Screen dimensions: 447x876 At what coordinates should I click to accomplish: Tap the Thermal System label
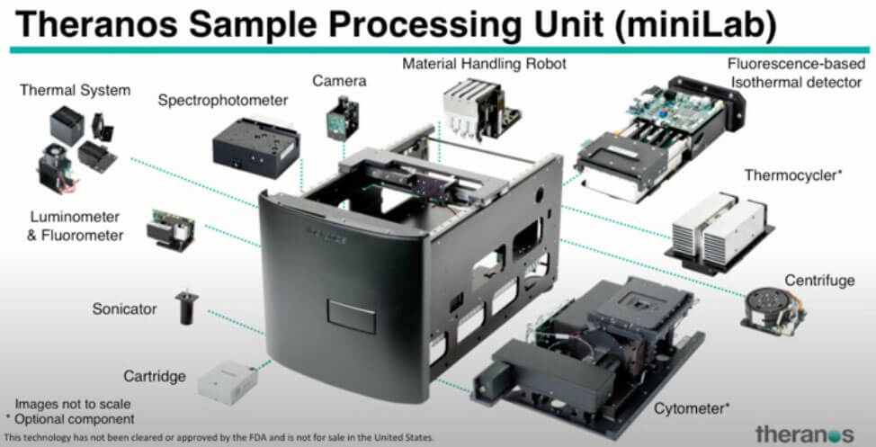75,90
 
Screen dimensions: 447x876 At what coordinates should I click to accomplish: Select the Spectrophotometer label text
223,100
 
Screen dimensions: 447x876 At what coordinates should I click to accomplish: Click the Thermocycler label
792,175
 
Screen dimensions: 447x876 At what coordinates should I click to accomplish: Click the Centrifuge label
818,281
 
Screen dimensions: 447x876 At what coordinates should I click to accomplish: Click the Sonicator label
124,309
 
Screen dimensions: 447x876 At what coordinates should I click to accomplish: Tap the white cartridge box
228,380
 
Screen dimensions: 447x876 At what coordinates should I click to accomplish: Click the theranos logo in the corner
804,433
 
